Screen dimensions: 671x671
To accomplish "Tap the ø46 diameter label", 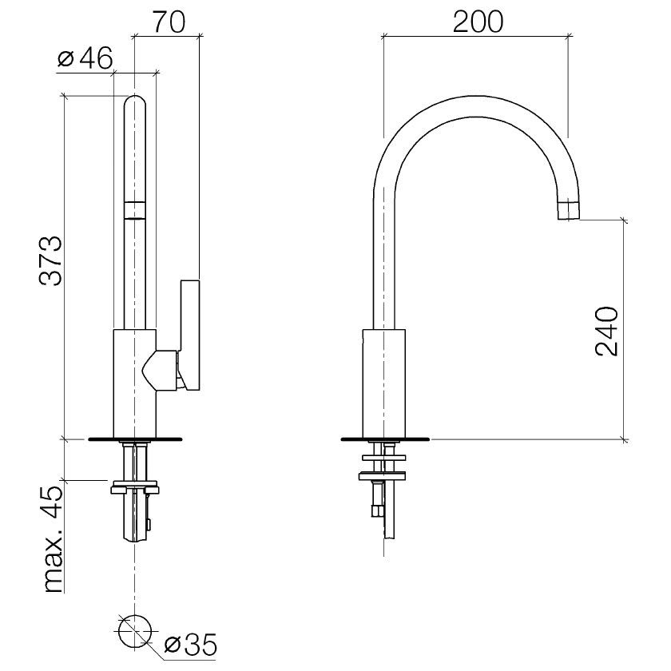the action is [85, 58].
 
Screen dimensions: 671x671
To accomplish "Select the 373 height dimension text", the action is [51, 260].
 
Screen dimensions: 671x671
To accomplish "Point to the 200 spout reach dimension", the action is [478, 22].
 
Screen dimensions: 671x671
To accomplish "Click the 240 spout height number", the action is [607, 332].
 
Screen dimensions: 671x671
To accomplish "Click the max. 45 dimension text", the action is [54, 540].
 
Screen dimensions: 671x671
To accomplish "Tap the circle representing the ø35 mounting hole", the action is [135, 632].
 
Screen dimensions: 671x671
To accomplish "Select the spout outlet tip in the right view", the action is [569, 209].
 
